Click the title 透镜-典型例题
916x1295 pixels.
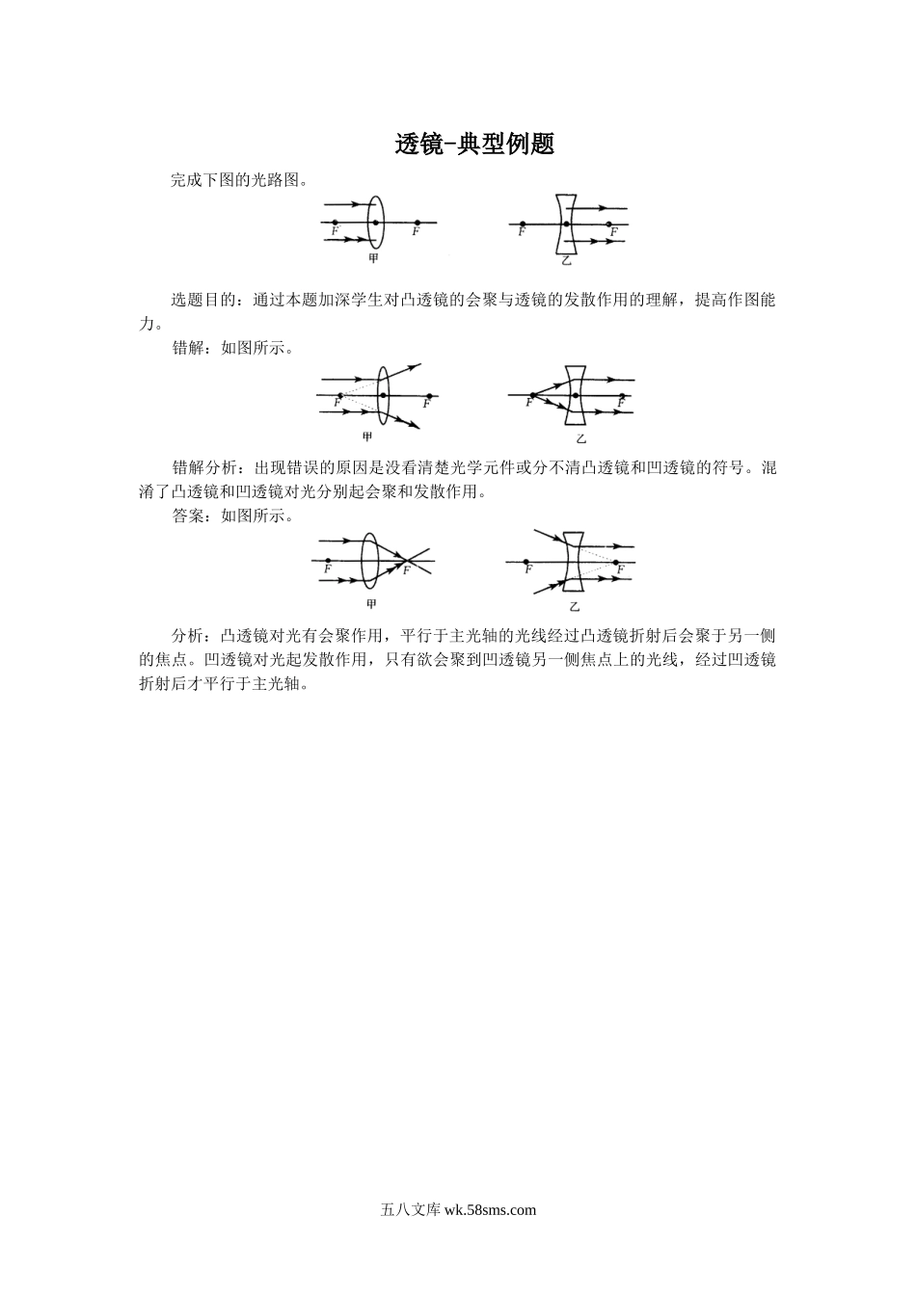coord(474,145)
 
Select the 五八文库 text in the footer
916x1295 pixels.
coord(411,1210)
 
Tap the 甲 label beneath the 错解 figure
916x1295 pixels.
coord(367,436)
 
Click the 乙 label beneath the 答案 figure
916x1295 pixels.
coord(575,607)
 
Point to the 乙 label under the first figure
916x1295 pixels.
coord(566,261)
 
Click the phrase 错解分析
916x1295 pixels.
coord(203,468)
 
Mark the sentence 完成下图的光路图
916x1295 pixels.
coord(240,180)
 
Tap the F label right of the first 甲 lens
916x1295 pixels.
coord(417,231)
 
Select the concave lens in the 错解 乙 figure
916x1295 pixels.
coord(576,395)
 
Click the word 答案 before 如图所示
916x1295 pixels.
coord(187,515)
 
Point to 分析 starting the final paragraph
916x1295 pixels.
coord(187,636)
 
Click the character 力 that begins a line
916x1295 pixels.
coord(147,324)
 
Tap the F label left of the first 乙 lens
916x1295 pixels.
coord(522,231)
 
